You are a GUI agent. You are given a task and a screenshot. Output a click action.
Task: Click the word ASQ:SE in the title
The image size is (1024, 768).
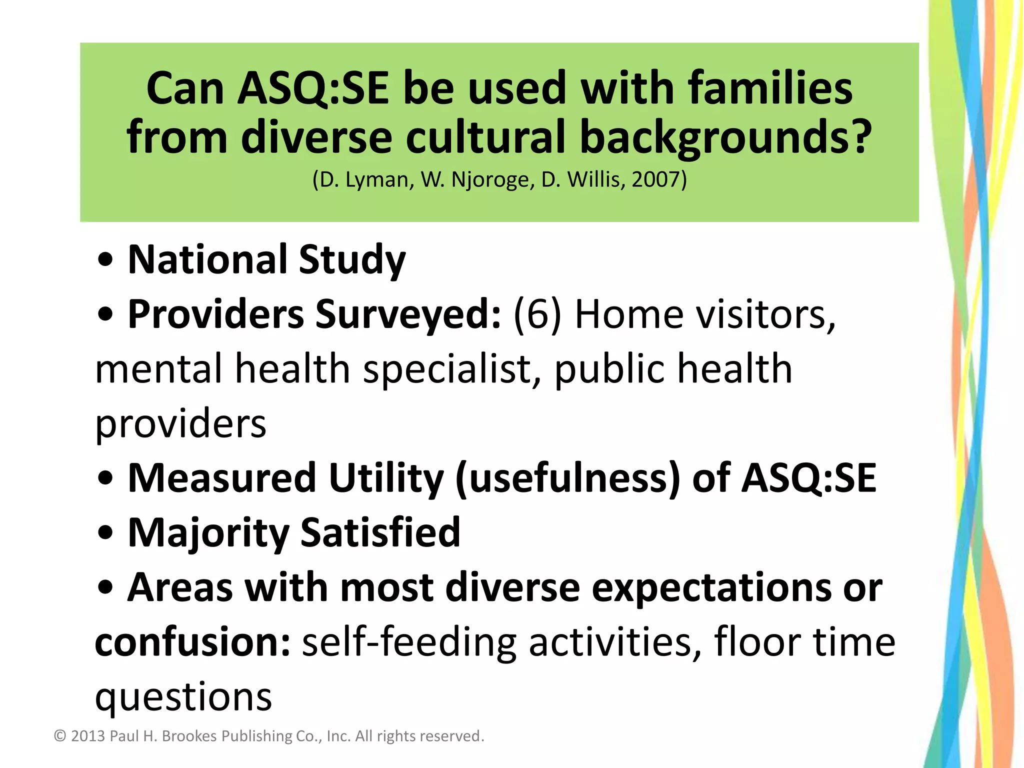tap(312, 88)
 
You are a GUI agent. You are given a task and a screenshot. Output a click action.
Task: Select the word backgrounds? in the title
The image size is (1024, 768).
tap(725, 137)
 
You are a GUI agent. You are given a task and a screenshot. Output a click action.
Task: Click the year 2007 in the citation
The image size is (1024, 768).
tap(655, 179)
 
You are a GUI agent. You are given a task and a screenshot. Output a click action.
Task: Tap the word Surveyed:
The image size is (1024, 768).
tap(408, 314)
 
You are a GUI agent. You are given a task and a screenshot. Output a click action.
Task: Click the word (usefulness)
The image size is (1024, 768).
tap(568, 478)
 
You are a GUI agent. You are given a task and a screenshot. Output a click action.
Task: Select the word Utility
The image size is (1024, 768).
tap(386, 478)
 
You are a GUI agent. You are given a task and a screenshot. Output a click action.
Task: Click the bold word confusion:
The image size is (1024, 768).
tap(192, 642)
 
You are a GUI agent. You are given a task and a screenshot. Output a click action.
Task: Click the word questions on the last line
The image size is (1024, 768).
tap(183, 696)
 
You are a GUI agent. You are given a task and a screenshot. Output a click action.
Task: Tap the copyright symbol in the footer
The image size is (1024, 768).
tap(60, 736)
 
